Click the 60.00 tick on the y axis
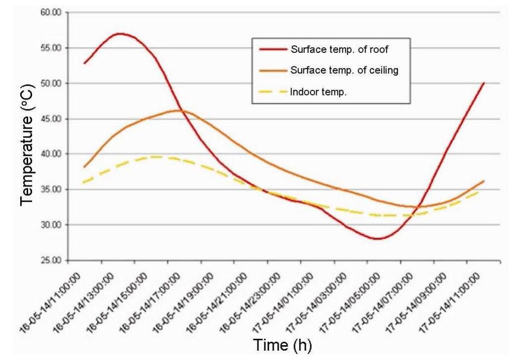coord(51,13)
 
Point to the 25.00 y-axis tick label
coord(51,260)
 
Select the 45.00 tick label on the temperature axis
coord(51,119)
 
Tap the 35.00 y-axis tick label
coord(51,190)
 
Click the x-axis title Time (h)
coord(282,345)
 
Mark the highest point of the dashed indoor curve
coord(157,157)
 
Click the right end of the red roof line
coord(484,83)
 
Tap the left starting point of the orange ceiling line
coord(84,167)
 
